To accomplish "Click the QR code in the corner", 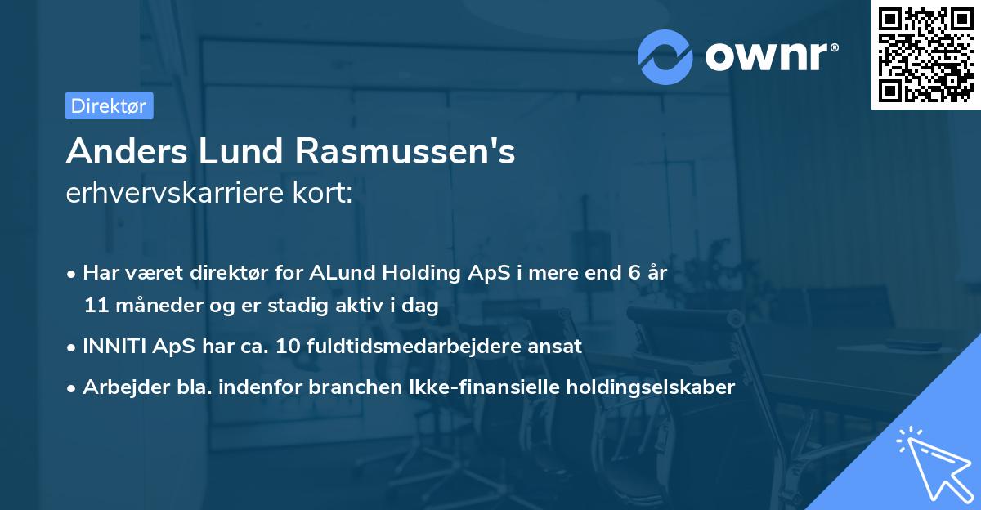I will tap(925, 55).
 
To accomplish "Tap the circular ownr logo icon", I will tap(665, 56).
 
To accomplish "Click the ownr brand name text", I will tap(771, 56).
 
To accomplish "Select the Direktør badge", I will tap(109, 105).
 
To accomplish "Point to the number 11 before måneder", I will tap(96, 306).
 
